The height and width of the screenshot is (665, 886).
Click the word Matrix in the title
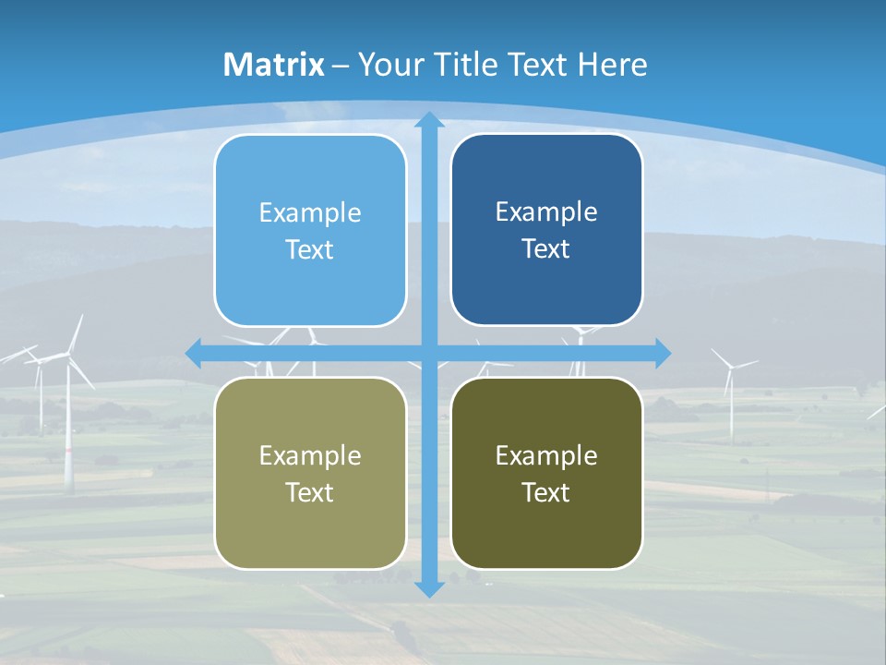274,65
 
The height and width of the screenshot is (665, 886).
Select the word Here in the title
613,65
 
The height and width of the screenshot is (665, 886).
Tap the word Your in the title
388,65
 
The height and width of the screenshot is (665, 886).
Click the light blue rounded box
310,231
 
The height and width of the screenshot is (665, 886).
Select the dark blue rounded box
546,230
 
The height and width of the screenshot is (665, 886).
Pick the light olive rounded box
310,473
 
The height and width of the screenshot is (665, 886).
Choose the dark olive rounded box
546,473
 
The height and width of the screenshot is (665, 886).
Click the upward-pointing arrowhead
429,120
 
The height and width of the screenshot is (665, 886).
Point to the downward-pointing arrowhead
429,588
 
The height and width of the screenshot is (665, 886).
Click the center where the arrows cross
429,353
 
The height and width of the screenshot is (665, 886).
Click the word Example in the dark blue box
546,212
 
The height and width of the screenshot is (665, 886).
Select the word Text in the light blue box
310,250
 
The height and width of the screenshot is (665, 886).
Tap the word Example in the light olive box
310,455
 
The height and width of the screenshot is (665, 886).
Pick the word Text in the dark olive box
546,492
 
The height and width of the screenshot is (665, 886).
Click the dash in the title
341,66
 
